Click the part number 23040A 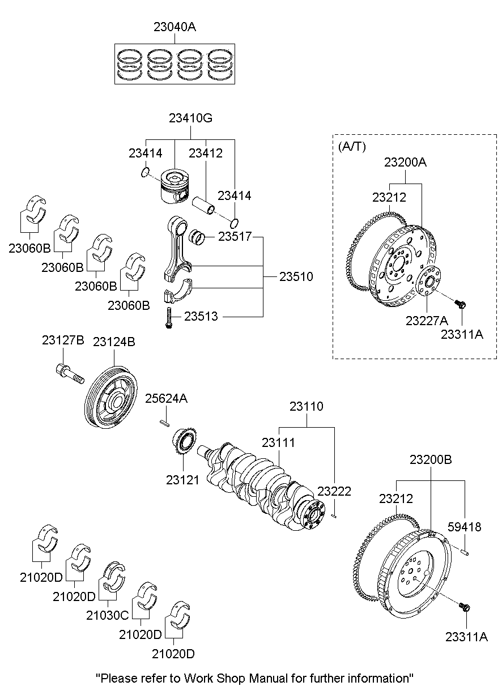175,27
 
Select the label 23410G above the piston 190,118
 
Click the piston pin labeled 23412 205,204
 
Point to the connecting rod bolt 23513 169,317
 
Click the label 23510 296,277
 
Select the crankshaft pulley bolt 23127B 69,373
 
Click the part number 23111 278,442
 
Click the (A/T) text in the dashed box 351,146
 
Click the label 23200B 431,459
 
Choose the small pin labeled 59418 464,549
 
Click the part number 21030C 108,615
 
